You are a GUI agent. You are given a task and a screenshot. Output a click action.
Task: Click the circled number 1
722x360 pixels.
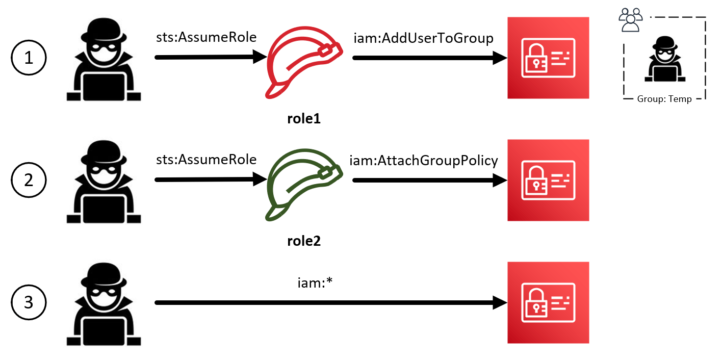[x=29, y=58]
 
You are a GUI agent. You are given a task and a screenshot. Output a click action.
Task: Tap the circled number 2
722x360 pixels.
[x=29, y=180]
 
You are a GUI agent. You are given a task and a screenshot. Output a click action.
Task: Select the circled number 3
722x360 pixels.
[x=29, y=302]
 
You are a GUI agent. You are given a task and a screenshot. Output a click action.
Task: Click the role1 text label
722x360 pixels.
[x=304, y=119]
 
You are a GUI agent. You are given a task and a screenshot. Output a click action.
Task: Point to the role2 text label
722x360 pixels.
[x=304, y=241]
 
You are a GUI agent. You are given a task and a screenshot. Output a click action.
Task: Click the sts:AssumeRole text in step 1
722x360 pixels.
[x=207, y=38]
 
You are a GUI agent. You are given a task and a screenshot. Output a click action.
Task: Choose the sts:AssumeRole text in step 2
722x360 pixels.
[x=207, y=160]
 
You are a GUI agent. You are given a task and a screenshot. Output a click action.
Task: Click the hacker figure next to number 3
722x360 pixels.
[x=104, y=304]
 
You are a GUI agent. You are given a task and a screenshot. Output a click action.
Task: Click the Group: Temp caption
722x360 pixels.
[x=664, y=99]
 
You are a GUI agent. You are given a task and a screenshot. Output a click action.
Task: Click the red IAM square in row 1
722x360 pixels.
[x=548, y=58]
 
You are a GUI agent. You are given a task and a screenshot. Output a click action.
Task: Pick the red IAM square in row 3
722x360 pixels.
[x=548, y=302]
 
